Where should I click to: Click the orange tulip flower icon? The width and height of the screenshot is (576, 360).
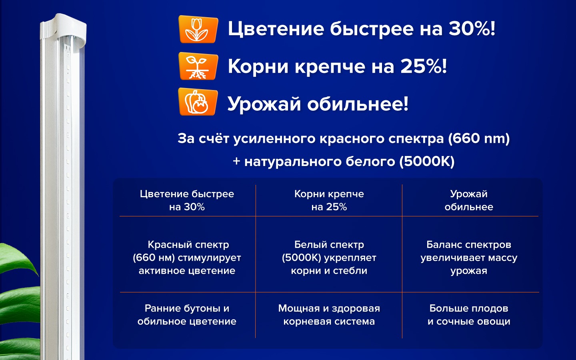(198, 29)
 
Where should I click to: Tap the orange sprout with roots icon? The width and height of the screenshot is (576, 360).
(198, 66)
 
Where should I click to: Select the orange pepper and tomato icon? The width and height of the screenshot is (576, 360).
(198, 102)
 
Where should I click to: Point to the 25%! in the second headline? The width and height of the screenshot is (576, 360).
(424, 66)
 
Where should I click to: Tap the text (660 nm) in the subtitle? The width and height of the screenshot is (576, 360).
(479, 138)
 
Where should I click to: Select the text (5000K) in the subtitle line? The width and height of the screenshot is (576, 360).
(427, 162)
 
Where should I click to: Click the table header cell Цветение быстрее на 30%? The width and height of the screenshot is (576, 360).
(187, 200)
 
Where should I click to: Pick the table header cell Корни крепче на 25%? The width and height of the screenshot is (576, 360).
(329, 200)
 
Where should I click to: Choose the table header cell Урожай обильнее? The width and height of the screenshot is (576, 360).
(469, 200)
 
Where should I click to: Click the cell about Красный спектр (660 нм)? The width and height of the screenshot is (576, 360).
(187, 258)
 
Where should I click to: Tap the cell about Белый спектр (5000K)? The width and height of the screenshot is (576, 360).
(329, 258)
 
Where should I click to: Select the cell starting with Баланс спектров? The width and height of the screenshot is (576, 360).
(469, 258)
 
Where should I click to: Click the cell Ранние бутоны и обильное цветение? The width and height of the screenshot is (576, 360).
(187, 315)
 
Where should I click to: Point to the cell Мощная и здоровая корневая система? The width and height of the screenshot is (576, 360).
(329, 315)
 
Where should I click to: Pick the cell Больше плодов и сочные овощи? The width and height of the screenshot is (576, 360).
(469, 315)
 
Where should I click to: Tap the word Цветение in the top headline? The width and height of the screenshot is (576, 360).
(276, 29)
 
